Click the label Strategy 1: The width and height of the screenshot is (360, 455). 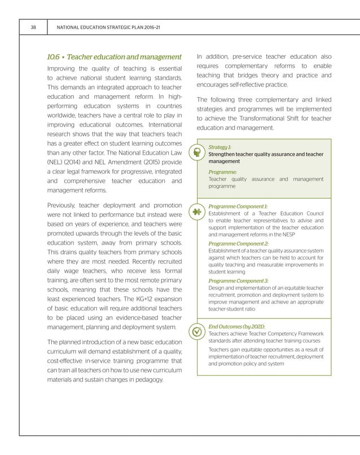coord(219,146)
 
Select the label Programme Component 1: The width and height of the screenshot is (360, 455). coord(238,207)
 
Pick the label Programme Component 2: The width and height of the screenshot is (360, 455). coord(238,243)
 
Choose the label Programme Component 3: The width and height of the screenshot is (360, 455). coord(238,281)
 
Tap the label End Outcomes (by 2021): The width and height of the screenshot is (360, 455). coord(236,327)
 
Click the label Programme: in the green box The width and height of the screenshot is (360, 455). coord(222,172)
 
